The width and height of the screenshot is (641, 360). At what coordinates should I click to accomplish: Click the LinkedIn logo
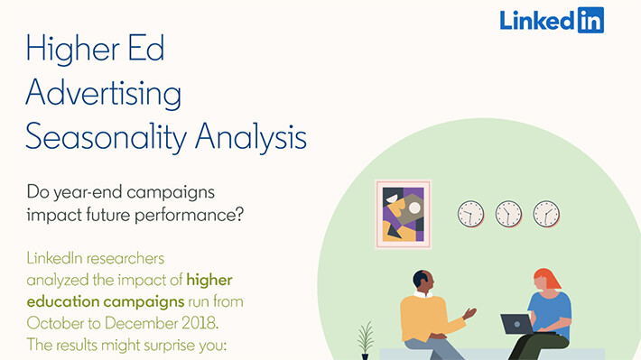pyautogui.click(x=552, y=20)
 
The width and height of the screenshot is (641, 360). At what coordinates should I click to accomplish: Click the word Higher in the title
pyautogui.click(x=74, y=50)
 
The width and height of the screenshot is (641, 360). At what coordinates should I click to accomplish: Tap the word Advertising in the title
pyautogui.click(x=103, y=94)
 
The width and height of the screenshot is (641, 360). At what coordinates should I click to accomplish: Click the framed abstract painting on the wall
pyautogui.click(x=403, y=214)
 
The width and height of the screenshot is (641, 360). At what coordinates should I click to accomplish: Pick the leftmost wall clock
pyautogui.click(x=470, y=213)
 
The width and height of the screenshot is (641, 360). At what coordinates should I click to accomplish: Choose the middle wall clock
pyautogui.click(x=508, y=213)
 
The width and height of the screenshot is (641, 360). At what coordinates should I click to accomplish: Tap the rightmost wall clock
pyautogui.click(x=546, y=213)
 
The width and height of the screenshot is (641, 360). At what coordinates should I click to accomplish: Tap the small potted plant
pyautogui.click(x=366, y=340)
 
